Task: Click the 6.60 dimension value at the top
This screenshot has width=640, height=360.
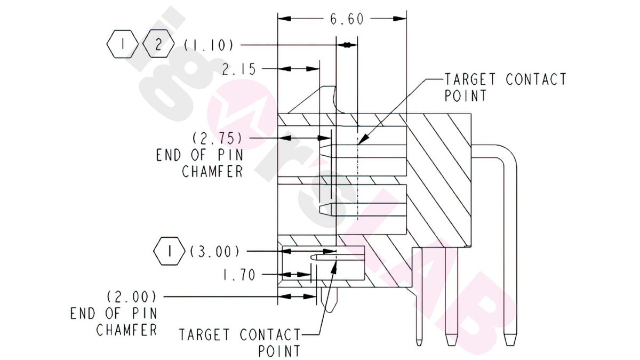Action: [x=346, y=20]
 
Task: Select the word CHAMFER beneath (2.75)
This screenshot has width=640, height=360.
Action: [x=212, y=172]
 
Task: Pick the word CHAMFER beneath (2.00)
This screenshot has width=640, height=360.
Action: [x=126, y=330]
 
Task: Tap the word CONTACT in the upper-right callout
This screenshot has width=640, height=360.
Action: [x=535, y=79]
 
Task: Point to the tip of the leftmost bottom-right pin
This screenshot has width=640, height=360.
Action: [x=419, y=342]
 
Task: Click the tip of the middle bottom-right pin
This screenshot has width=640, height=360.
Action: [x=451, y=342]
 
